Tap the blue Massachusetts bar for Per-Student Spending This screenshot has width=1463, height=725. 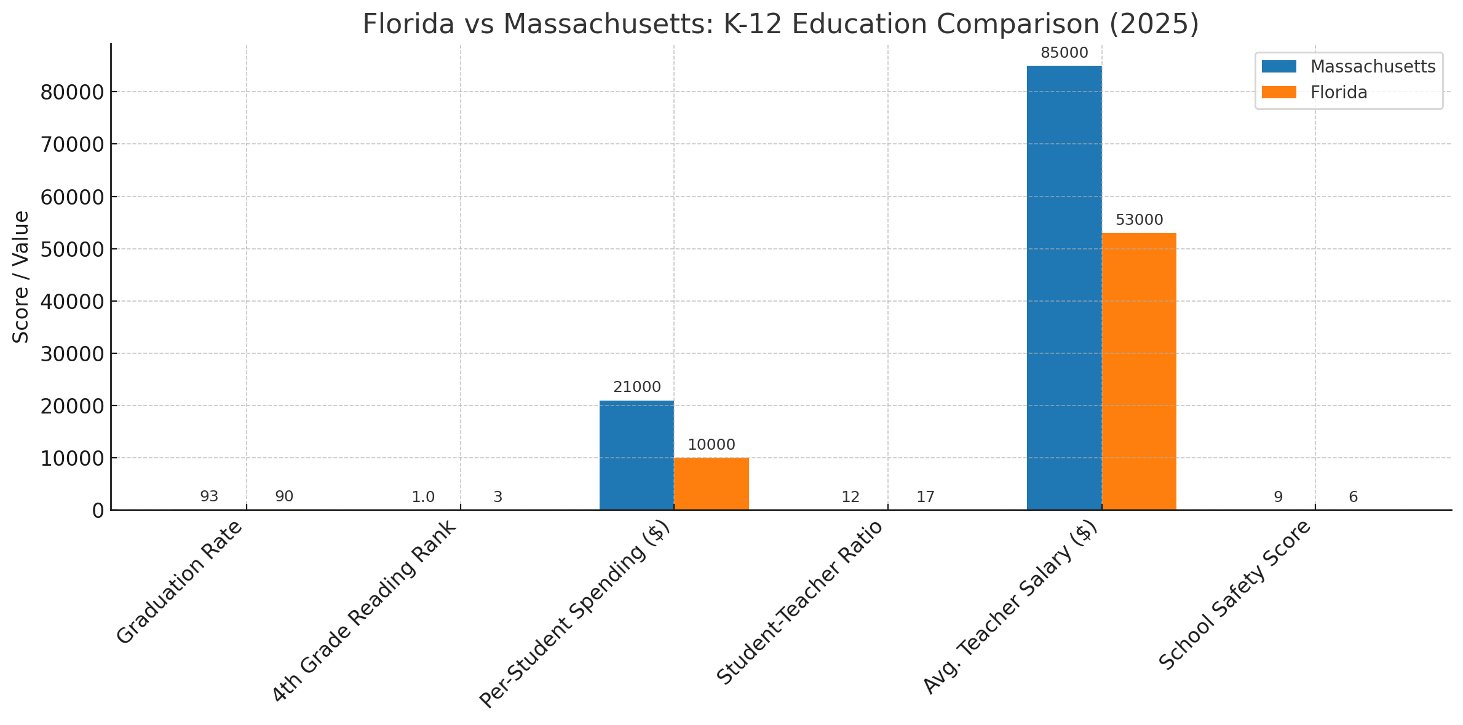pyautogui.click(x=636, y=455)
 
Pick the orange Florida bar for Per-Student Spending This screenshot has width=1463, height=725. pyautogui.click(x=712, y=484)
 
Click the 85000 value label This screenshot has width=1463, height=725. pyautogui.click(x=1064, y=53)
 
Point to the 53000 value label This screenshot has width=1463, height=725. pyautogui.click(x=1139, y=220)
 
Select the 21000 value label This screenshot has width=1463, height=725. pyautogui.click(x=636, y=388)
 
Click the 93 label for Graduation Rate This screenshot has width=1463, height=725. pyautogui.click(x=209, y=496)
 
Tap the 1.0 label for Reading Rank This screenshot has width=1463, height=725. pyautogui.click(x=423, y=497)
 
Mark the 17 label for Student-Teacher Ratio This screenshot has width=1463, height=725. pyautogui.click(x=925, y=497)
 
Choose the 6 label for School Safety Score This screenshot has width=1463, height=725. pyautogui.click(x=1353, y=497)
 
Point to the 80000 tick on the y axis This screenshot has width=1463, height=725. pyautogui.click(x=71, y=92)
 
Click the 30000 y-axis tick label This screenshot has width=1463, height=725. pyautogui.click(x=71, y=354)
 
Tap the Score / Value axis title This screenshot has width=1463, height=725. pyautogui.click(x=22, y=276)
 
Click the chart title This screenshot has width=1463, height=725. pyautogui.click(x=780, y=24)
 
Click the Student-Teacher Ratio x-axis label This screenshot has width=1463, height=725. pyautogui.click(x=799, y=602)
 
